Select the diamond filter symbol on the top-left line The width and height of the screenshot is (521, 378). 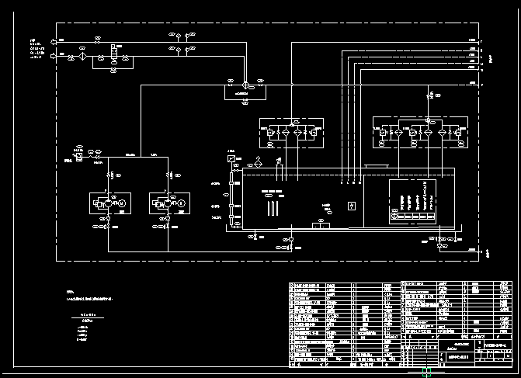coord(81,57)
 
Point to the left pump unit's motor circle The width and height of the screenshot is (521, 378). coord(122,203)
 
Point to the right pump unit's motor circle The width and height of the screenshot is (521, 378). coord(182,203)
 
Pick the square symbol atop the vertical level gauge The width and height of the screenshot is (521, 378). coord(231,159)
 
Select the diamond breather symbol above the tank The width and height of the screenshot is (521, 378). coord(258,163)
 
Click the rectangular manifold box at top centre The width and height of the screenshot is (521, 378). coord(242,91)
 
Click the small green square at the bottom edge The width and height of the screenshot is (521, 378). coord(426,373)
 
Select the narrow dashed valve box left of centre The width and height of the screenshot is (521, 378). coord(290,133)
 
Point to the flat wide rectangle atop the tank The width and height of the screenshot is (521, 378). coord(377,166)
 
